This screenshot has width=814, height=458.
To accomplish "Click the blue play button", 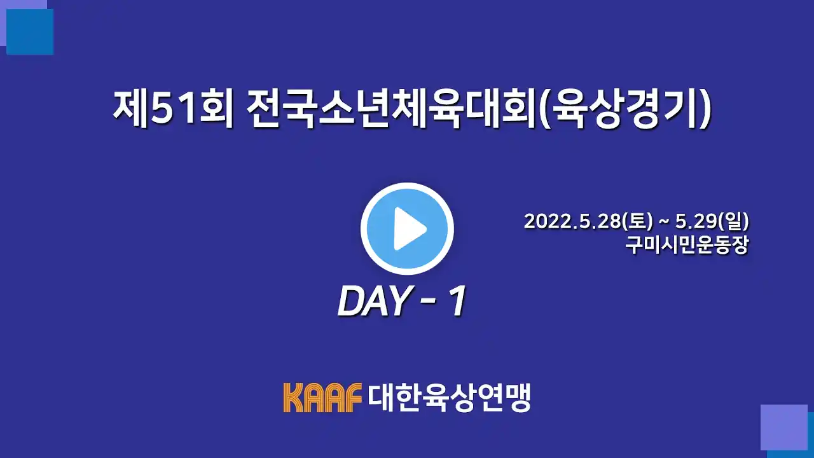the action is [x=407, y=228].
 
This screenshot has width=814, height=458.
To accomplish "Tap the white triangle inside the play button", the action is [x=409, y=228].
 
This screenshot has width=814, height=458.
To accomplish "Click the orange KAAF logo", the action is [x=322, y=398].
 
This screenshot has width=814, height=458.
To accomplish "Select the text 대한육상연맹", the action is [x=449, y=398].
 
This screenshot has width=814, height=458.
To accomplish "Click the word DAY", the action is [x=373, y=302].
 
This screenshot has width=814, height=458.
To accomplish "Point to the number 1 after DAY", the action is [x=457, y=301].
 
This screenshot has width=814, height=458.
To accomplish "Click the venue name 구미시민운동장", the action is [x=687, y=246].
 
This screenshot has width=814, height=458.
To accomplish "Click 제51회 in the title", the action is [x=172, y=108].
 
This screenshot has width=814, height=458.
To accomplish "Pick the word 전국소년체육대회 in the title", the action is [x=390, y=108].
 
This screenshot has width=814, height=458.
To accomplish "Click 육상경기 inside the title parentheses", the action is [x=624, y=108].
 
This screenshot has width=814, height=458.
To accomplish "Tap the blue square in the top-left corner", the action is [x=30, y=32].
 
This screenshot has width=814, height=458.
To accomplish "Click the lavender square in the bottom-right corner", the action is [x=784, y=427].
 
